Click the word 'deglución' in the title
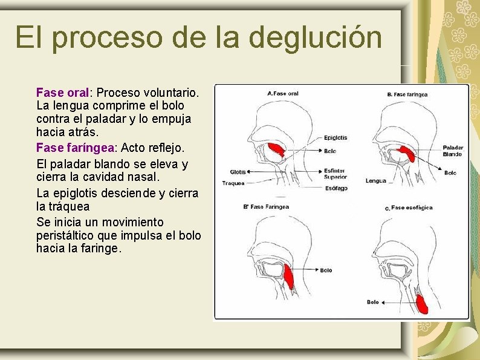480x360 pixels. click(x=315, y=38)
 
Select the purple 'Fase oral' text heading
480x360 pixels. click(x=62, y=93)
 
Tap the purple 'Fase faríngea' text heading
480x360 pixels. click(x=75, y=147)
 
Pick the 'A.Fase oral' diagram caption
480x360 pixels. click(x=283, y=93)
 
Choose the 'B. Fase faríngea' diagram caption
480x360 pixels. click(x=407, y=94)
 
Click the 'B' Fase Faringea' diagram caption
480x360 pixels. click(x=266, y=206)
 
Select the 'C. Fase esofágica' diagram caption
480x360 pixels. click(x=409, y=208)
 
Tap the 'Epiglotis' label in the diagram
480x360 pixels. click(x=335, y=137)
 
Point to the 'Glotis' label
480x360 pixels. click(x=238, y=171)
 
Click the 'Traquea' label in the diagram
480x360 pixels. click(x=233, y=183)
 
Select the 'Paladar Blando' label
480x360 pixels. click(x=452, y=151)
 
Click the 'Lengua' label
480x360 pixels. click(x=375, y=180)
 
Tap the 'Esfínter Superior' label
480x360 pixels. click(x=336, y=174)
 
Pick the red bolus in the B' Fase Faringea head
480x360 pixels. click(x=288, y=275)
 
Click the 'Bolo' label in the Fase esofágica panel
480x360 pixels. click(x=372, y=302)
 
